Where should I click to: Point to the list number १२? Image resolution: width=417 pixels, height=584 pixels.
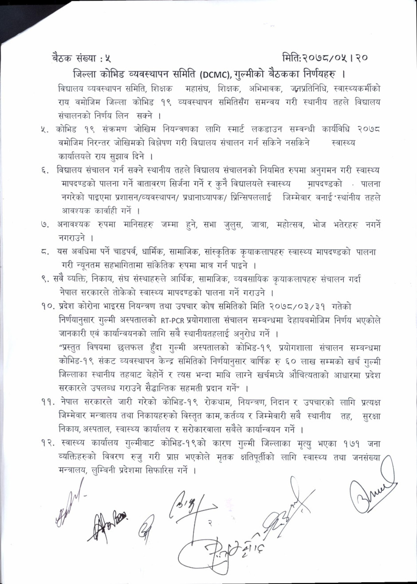click(x=47, y=444)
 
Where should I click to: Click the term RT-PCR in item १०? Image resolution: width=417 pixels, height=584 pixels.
click(x=169, y=320)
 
